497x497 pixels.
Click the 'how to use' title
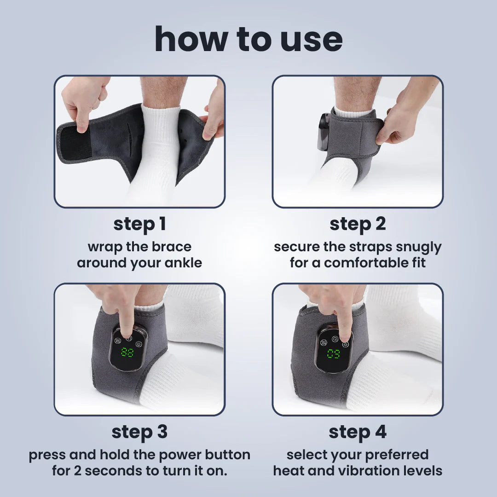coord(248,39)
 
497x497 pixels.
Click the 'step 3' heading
coord(139,432)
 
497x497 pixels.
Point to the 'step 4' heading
coord(358,432)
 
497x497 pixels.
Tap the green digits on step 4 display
coord(335,354)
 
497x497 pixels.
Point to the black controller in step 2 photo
coord(324,131)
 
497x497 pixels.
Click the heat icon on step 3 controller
coord(117,342)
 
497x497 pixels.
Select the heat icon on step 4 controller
coord(324,343)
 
